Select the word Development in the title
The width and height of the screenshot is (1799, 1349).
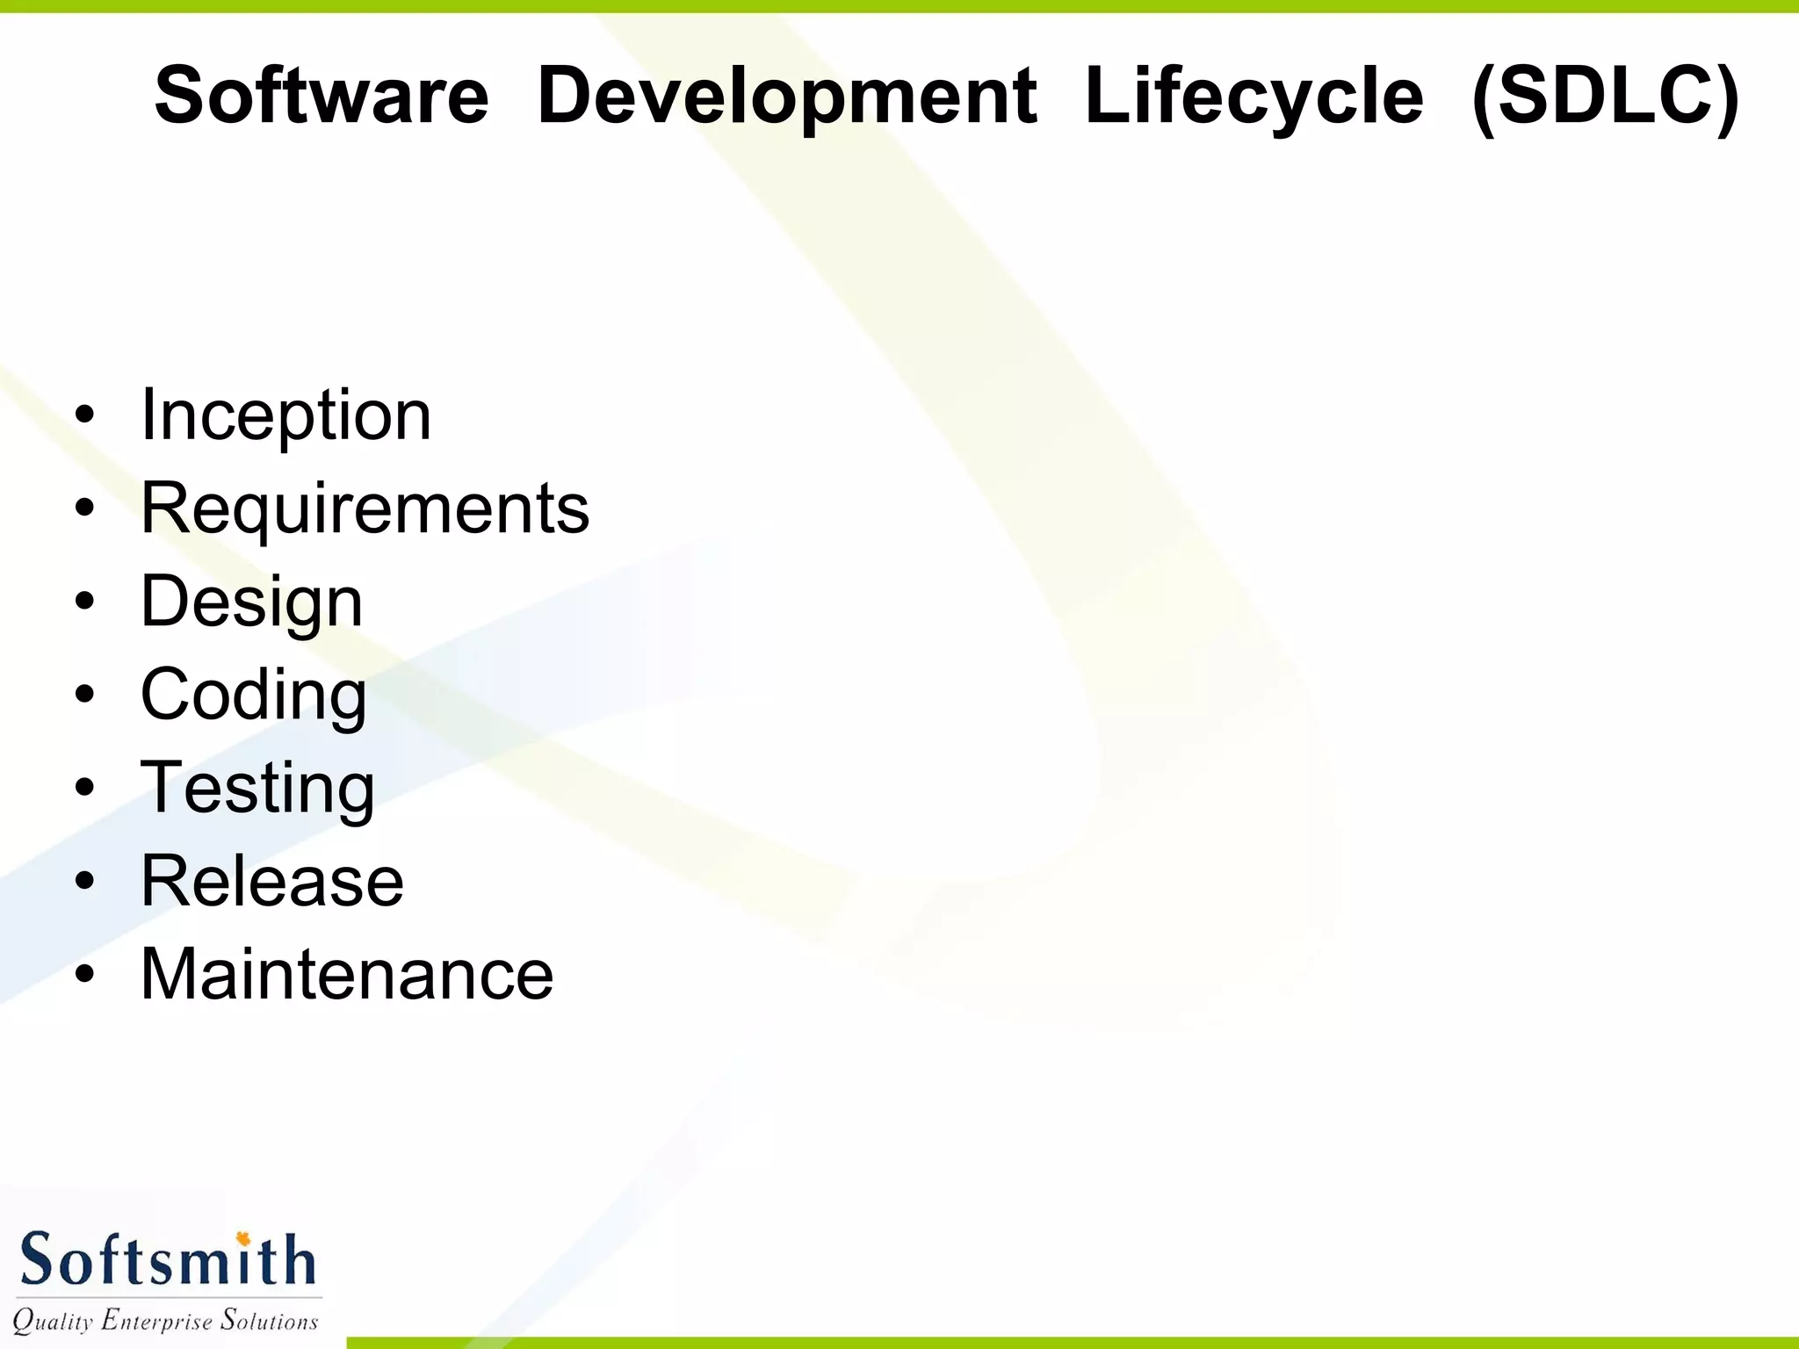[x=787, y=97]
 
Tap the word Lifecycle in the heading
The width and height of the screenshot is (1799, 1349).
[x=1254, y=97]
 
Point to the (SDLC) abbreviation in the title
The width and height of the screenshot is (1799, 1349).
[x=1605, y=97]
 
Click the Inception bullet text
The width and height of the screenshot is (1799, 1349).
[x=285, y=415]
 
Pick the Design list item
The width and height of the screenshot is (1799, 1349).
[x=251, y=602]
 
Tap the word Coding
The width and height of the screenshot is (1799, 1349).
[x=253, y=695]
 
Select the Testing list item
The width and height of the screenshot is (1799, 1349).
[x=257, y=788]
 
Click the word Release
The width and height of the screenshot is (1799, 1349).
[x=272, y=881]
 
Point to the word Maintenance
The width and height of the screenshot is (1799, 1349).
[x=347, y=974]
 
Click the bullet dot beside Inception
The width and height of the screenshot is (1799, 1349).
[x=84, y=415]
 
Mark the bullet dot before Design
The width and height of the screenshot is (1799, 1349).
[x=84, y=602]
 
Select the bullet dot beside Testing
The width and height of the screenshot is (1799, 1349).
[x=84, y=788]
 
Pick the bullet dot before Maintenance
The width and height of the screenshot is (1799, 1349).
[x=84, y=974]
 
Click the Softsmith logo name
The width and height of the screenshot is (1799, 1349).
[x=167, y=1261]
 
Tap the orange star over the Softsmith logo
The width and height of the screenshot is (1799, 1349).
[x=243, y=1239]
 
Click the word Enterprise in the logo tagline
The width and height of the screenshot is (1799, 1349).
[x=156, y=1321]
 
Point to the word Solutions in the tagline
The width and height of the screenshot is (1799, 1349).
[x=269, y=1321]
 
